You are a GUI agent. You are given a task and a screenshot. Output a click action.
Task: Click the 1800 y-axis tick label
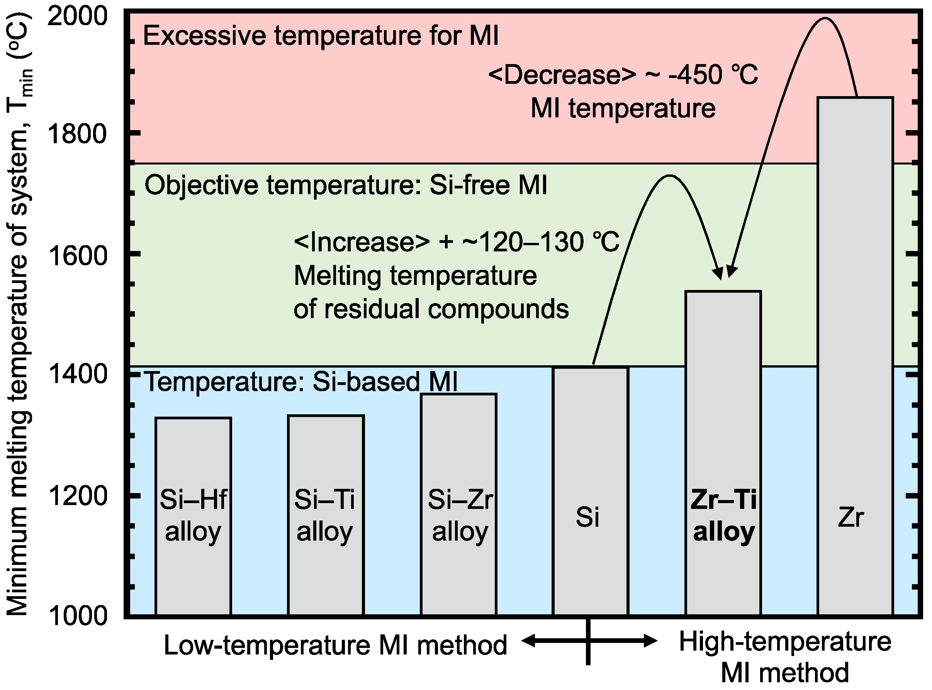tap(77, 134)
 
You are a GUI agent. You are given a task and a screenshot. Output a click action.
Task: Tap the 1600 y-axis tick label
tap(77, 255)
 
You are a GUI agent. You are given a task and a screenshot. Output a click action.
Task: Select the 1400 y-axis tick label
tap(77, 374)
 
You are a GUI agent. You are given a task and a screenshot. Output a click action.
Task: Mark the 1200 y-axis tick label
tap(77, 496)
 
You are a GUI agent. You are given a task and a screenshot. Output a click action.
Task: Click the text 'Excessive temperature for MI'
tap(321, 36)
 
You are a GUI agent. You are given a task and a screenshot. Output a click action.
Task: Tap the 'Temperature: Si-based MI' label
tap(301, 382)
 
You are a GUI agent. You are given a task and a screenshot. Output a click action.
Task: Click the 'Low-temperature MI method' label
tap(335, 645)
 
